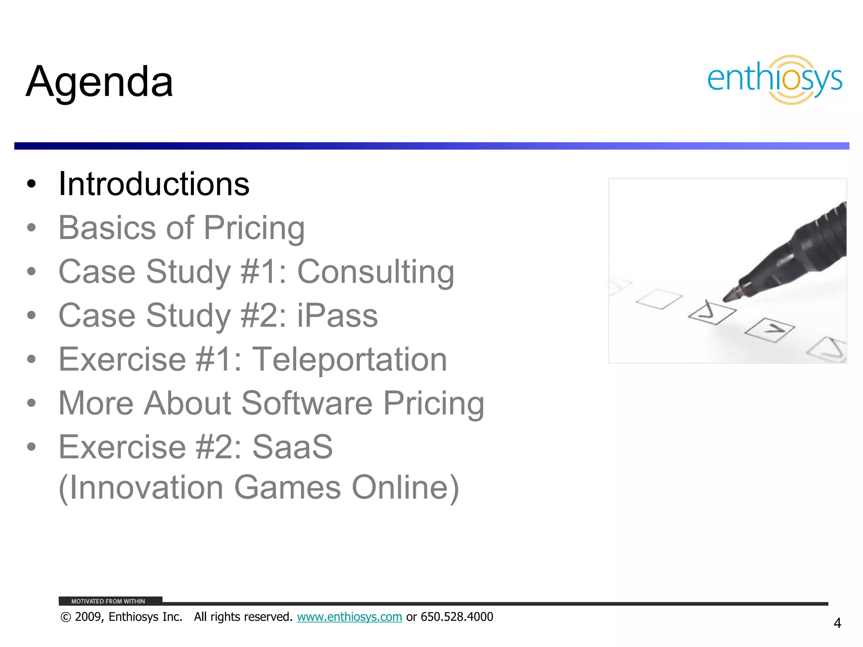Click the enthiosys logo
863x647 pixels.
pos(775,80)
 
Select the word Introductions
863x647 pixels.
pos(154,184)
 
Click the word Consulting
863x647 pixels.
pos(375,272)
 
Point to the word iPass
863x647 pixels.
pos(338,315)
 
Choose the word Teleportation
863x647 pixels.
pos(349,359)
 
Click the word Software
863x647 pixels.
pos(307,403)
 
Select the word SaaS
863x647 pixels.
pos(292,447)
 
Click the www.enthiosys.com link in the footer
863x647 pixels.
pos(349,617)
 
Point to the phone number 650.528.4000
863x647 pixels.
pos(457,617)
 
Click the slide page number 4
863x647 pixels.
pos(837,623)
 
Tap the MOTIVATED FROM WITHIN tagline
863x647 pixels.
pos(108,601)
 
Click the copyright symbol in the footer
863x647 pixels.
pos(65,617)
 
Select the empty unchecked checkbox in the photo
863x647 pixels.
pos(659,299)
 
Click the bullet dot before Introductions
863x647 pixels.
pos(31,184)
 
